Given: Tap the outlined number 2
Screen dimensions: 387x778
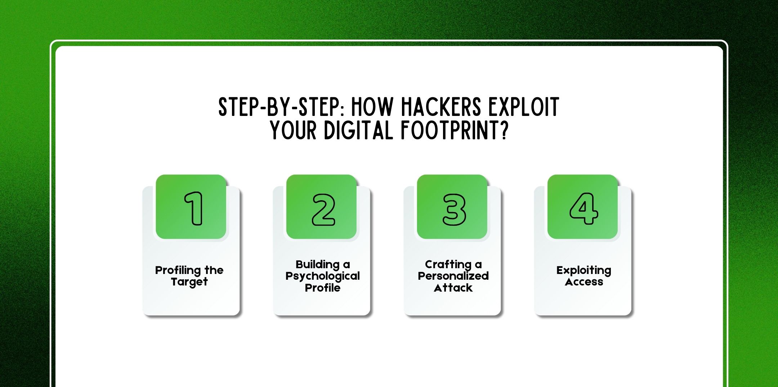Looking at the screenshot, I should click(323, 210).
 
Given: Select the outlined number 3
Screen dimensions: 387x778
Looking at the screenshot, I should click(454, 210).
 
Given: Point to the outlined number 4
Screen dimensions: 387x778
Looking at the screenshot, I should click(583, 208).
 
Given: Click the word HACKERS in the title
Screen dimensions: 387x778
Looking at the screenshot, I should click(441, 107).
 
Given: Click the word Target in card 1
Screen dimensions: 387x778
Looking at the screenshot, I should click(189, 282).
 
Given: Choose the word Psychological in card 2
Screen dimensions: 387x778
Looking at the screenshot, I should click(322, 276).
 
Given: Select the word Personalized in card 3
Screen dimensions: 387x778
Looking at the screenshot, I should click(453, 276).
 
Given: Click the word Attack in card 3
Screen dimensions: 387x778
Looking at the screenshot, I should click(453, 288).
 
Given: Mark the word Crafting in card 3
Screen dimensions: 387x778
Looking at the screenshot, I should click(448, 265).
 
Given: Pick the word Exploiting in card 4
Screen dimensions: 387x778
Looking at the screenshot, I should click(583, 270).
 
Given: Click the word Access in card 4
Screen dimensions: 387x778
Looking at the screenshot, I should click(583, 282).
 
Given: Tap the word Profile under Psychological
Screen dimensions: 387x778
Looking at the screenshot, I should click(322, 288).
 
